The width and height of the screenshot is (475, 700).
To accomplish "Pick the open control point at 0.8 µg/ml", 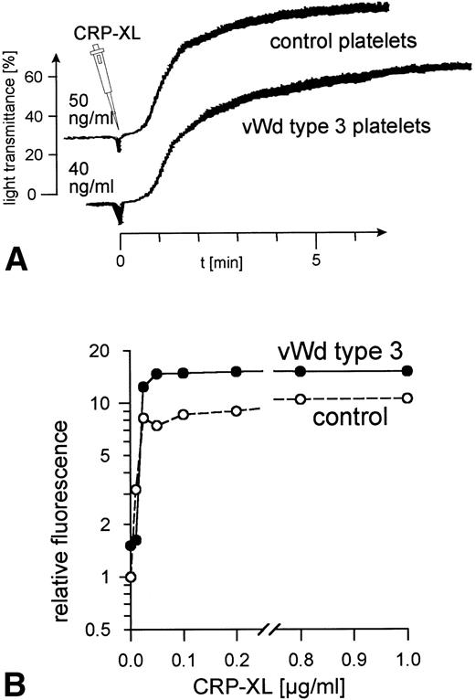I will [301, 398].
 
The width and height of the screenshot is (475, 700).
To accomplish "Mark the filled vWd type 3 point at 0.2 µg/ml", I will [237, 371].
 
